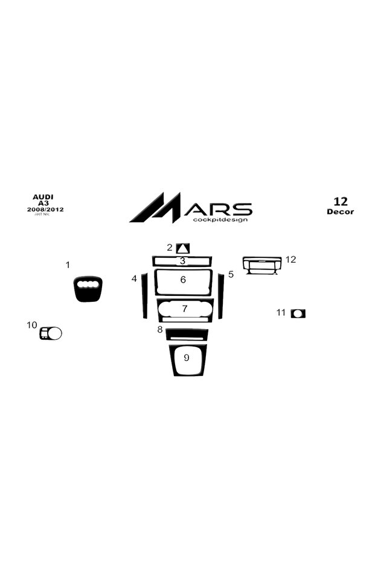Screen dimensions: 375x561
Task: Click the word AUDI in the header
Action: tap(43, 197)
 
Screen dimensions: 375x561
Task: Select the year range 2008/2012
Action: tap(45, 209)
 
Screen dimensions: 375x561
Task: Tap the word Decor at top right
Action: tap(340, 212)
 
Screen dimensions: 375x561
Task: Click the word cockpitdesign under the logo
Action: tap(220, 219)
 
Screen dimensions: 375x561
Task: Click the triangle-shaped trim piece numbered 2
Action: tap(183, 248)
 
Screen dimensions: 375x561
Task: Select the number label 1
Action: tap(68, 265)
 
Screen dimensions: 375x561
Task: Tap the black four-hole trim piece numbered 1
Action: tap(88, 289)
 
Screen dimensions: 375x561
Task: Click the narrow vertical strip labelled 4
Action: tap(144, 295)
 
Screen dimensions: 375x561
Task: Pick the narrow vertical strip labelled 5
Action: tap(221, 296)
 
